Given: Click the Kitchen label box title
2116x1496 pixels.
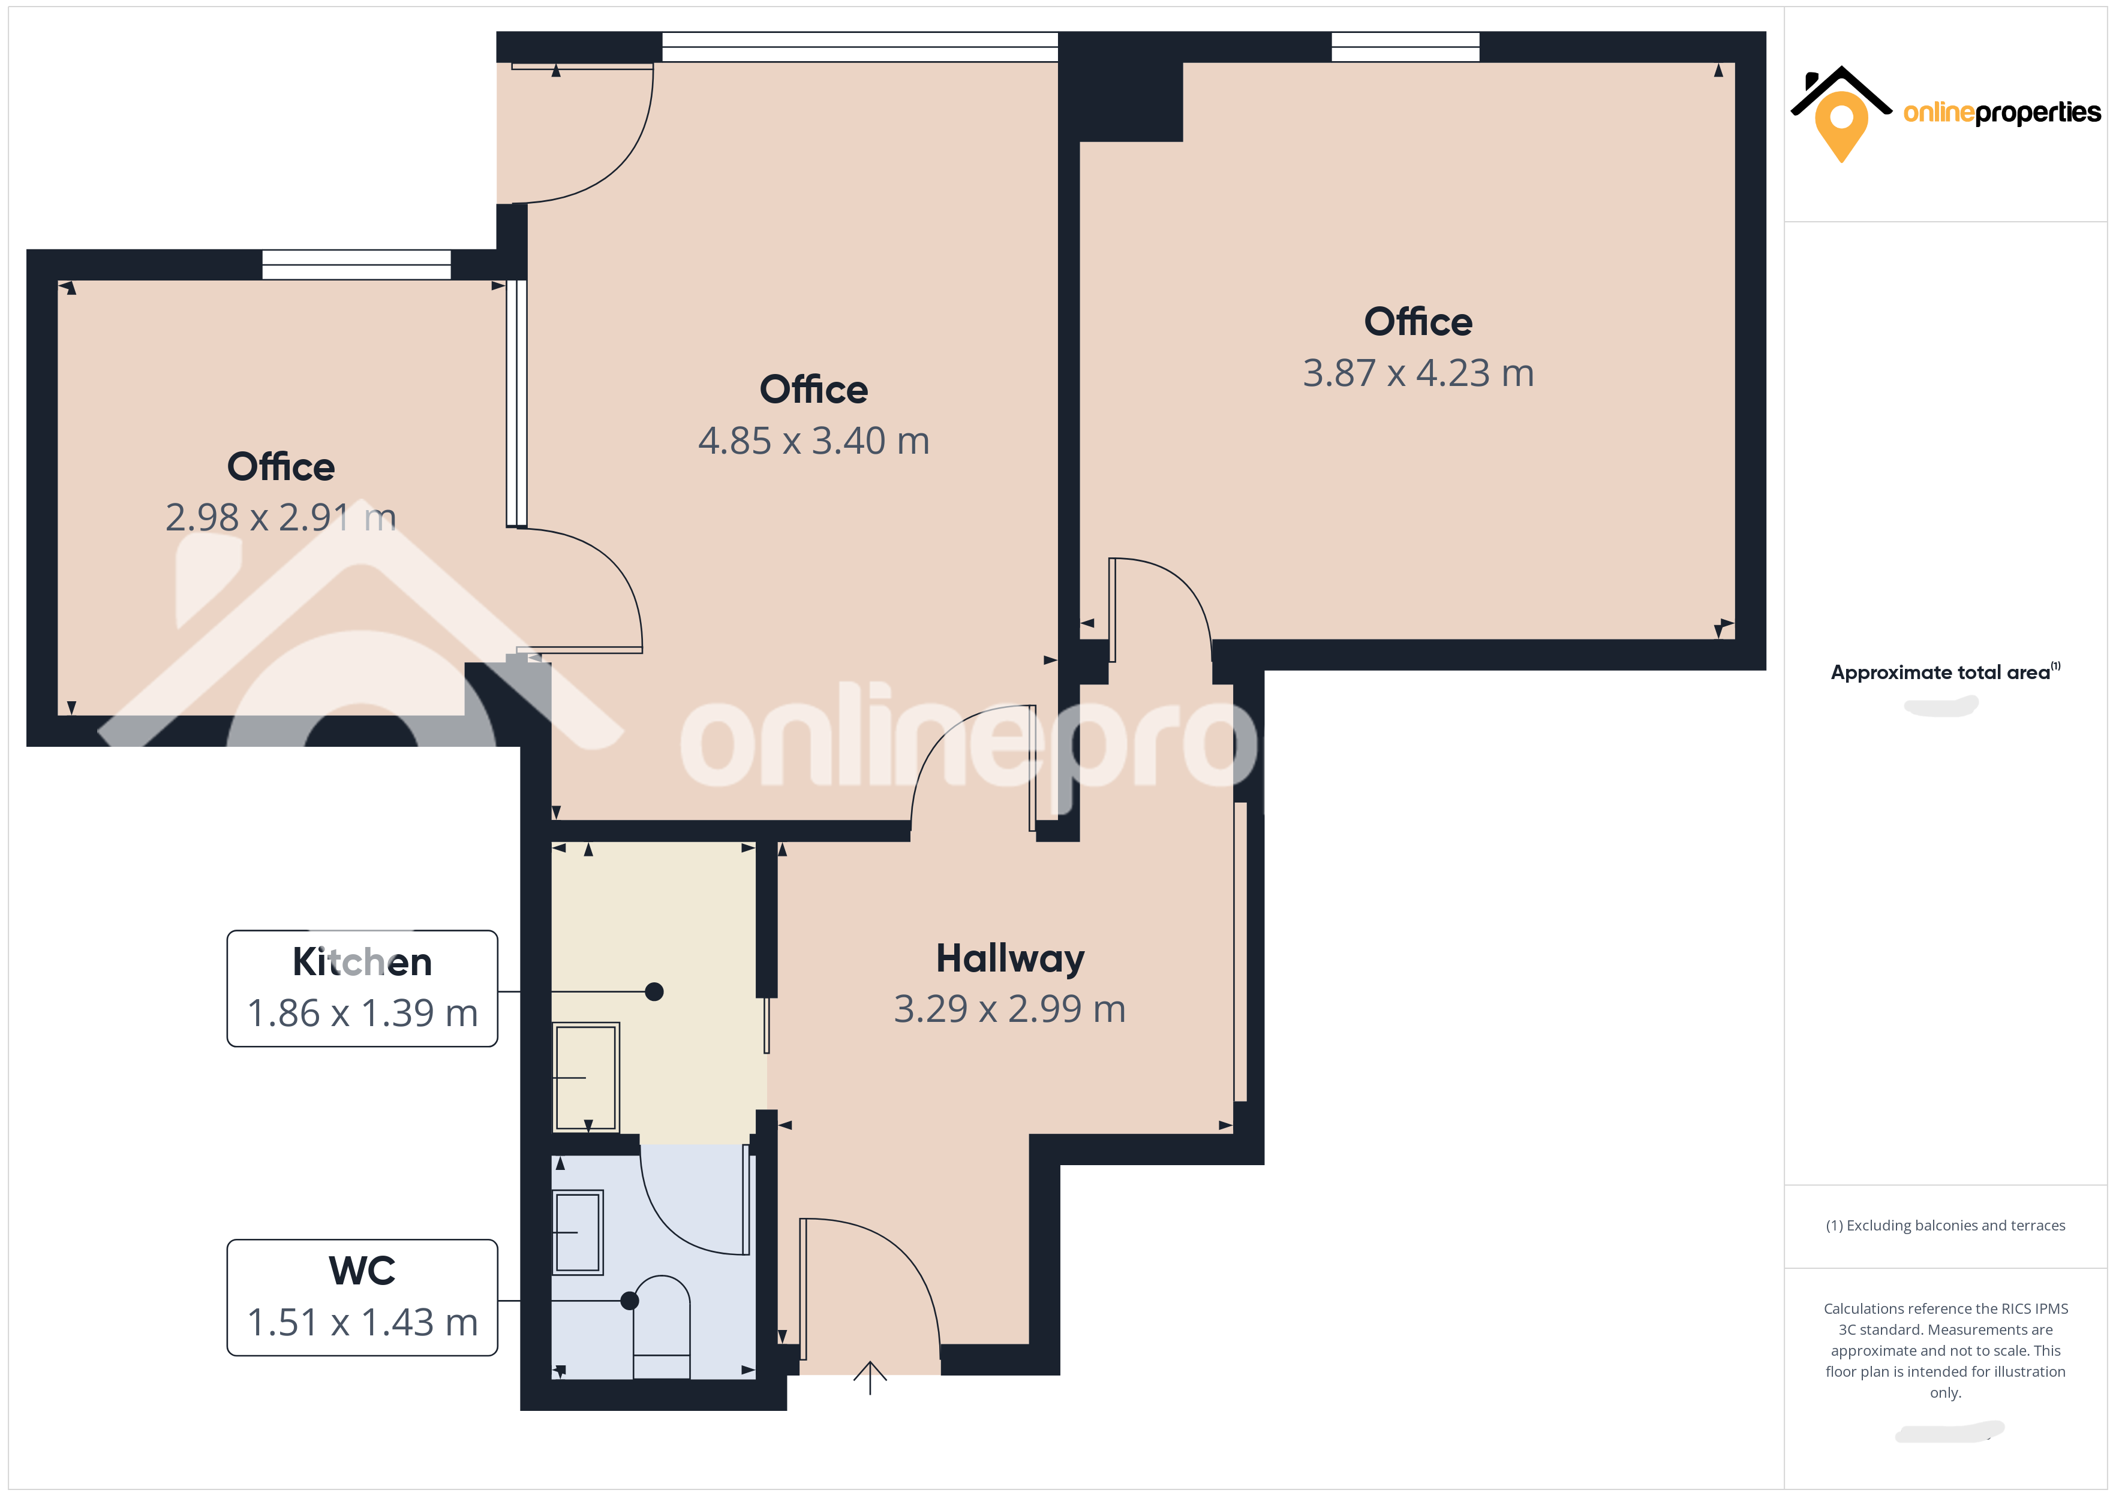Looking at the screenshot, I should pyautogui.click(x=362, y=962).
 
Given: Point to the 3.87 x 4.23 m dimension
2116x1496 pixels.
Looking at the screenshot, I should pyautogui.click(x=1417, y=373).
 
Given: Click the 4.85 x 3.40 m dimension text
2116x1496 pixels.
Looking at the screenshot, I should pyautogui.click(x=813, y=441).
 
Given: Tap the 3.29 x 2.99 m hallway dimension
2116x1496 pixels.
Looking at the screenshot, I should pyautogui.click(x=1009, y=1009).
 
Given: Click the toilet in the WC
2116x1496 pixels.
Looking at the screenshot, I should pyautogui.click(x=662, y=1326).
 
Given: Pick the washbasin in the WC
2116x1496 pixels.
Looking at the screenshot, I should pyautogui.click(x=578, y=1232).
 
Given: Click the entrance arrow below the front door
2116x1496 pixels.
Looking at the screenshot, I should pyautogui.click(x=869, y=1377).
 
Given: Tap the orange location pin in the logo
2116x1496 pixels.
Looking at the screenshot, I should pyautogui.click(x=1841, y=124).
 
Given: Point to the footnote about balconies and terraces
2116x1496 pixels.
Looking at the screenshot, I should pyautogui.click(x=1944, y=1225).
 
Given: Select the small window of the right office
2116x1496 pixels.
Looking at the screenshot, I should pyautogui.click(x=1405, y=46).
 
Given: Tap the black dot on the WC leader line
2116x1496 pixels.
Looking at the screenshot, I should pyautogui.click(x=629, y=1301).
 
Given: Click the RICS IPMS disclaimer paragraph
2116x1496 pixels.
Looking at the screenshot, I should pyautogui.click(x=1944, y=1350).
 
